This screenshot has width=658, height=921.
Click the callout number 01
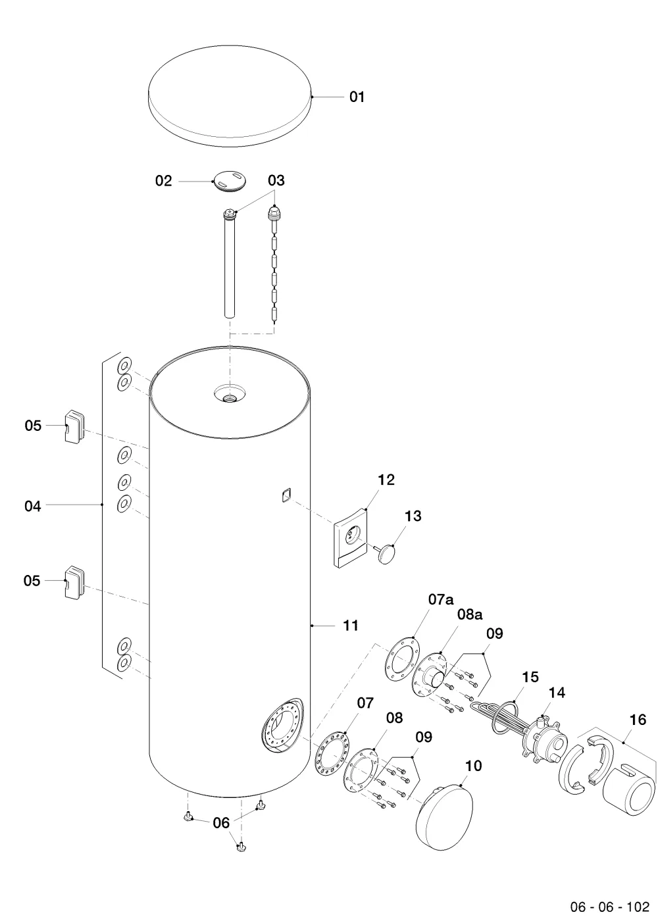(357, 97)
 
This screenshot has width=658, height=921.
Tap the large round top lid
(230, 96)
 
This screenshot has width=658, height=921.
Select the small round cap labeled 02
(230, 181)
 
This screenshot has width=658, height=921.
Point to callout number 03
(276, 180)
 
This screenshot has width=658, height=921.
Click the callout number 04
(32, 506)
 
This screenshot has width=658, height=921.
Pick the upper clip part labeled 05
(74, 426)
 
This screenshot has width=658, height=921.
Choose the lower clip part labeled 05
(74, 582)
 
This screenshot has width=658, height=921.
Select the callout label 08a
(470, 626)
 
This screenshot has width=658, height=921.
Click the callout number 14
(557, 693)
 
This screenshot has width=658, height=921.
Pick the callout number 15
(530, 677)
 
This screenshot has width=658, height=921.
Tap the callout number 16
(638, 720)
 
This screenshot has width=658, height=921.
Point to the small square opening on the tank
(286, 494)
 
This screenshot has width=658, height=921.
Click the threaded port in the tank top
(230, 397)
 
